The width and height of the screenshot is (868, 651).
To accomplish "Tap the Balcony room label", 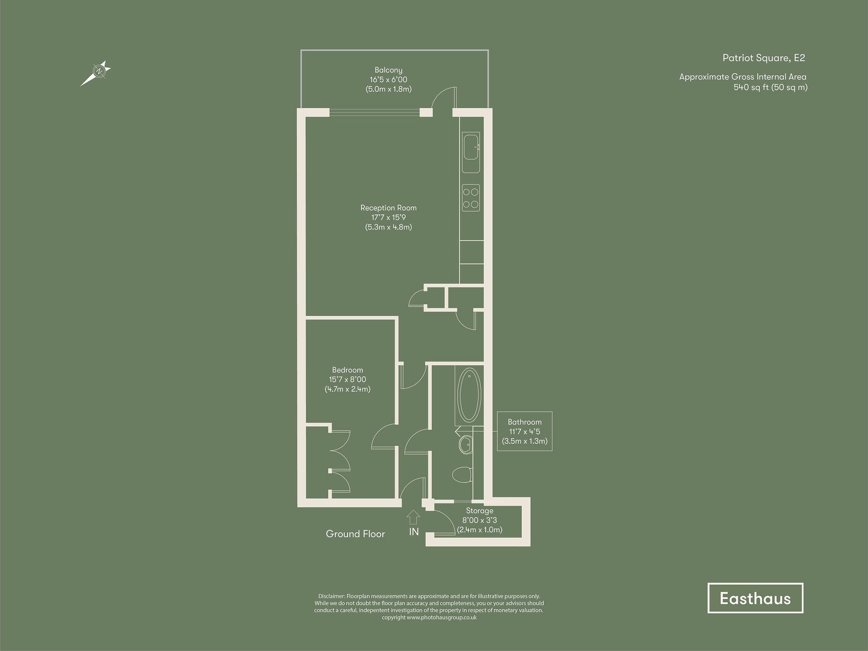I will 388,70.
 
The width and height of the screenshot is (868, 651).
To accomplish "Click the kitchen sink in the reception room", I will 471,148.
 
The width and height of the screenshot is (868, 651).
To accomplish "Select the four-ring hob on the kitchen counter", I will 471,198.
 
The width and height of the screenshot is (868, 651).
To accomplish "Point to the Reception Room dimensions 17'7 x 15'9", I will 388,217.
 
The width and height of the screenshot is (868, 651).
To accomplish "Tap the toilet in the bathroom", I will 461,474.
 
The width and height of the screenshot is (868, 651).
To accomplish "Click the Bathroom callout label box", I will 525,431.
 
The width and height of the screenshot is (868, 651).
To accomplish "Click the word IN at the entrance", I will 414,532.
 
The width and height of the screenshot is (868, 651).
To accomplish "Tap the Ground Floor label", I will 355,534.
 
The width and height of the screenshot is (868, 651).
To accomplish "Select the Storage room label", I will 480,511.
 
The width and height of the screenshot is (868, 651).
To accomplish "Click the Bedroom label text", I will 347,370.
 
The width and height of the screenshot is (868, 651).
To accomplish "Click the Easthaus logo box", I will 755,598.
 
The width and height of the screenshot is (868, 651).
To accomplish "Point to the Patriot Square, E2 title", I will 763,58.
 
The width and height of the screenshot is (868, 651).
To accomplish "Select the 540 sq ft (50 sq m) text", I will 770,87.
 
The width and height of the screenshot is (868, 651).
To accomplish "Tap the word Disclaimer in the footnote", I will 332,596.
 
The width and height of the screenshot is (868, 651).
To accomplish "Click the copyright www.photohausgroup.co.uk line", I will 429,618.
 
